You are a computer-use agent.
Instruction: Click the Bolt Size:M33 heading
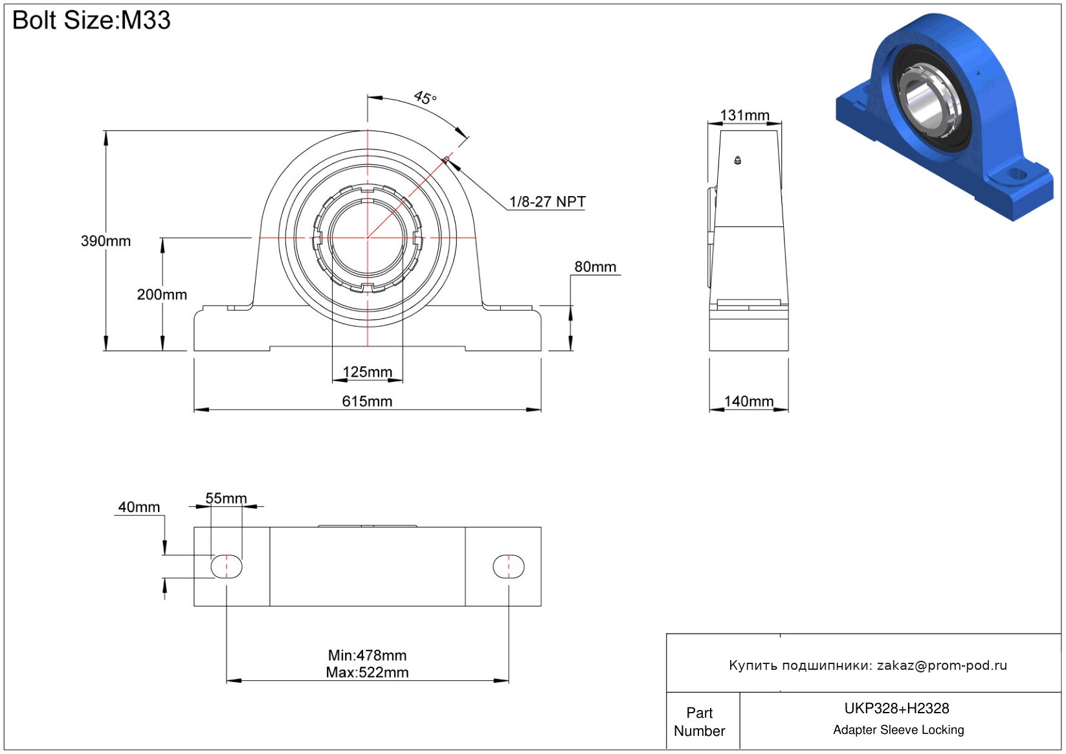click(x=91, y=20)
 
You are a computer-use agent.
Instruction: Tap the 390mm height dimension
click(x=105, y=241)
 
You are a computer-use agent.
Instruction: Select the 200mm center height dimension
click(x=162, y=294)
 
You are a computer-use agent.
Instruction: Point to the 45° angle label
click(x=425, y=98)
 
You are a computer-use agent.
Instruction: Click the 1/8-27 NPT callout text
click(x=548, y=202)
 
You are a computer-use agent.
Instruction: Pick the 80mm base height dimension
click(x=595, y=267)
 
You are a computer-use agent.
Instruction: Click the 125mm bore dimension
click(x=368, y=371)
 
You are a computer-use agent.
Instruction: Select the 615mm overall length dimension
click(x=368, y=401)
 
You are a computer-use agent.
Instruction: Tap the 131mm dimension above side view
click(x=744, y=115)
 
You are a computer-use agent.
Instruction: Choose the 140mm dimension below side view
click(x=749, y=401)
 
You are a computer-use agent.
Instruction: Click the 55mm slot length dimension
click(x=226, y=498)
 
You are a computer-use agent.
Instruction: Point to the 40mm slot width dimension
click(x=139, y=507)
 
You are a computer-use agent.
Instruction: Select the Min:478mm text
click(x=367, y=656)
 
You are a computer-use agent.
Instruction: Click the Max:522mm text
click(x=367, y=672)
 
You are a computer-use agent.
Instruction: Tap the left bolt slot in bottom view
click(x=227, y=566)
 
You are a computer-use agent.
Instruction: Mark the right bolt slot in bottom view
click(x=509, y=566)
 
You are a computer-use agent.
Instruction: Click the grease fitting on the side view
click(x=737, y=161)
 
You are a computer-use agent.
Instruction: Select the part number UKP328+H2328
click(x=896, y=708)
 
